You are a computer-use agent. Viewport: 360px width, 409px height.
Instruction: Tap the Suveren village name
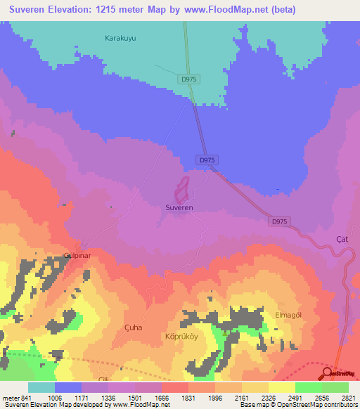click(179, 208)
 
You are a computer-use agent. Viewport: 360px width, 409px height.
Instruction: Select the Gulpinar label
click(78, 255)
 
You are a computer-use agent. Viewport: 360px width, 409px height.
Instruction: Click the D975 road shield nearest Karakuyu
click(189, 79)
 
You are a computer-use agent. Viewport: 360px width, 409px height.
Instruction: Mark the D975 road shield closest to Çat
click(279, 221)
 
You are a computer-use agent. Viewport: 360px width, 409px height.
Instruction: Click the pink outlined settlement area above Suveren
click(181, 190)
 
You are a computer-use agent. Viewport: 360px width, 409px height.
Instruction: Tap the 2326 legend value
click(259, 397)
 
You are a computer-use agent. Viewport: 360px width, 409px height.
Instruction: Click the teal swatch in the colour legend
click(41, 387)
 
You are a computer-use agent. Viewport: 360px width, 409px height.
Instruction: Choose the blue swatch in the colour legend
click(68, 387)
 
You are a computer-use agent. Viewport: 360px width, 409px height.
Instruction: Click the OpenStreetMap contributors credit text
click(317, 405)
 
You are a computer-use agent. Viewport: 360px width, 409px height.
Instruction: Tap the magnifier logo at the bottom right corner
click(327, 373)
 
